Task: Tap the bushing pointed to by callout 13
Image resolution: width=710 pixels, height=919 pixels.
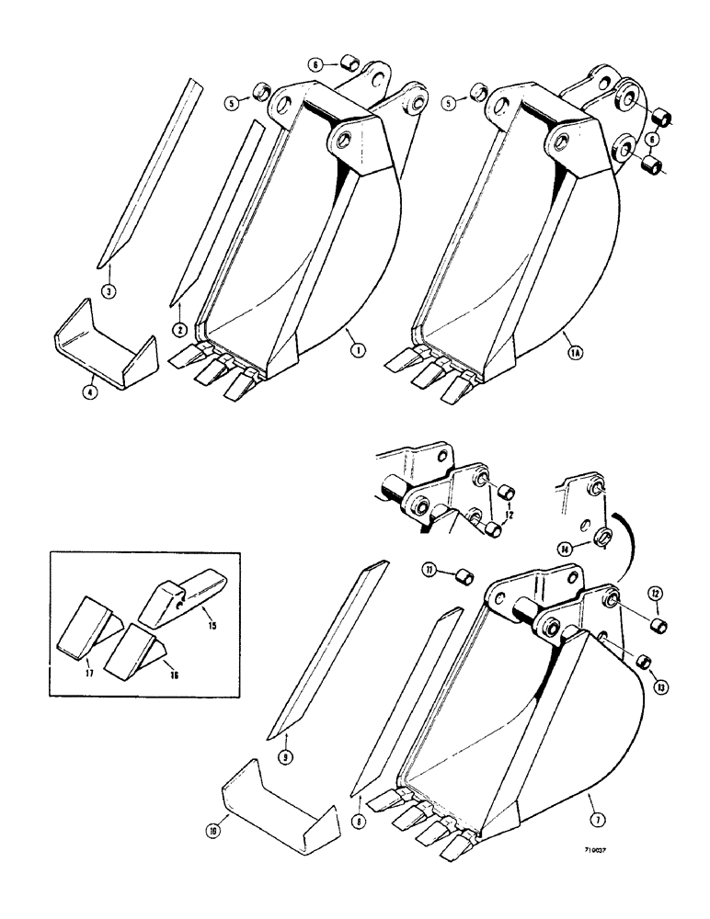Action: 644,662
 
